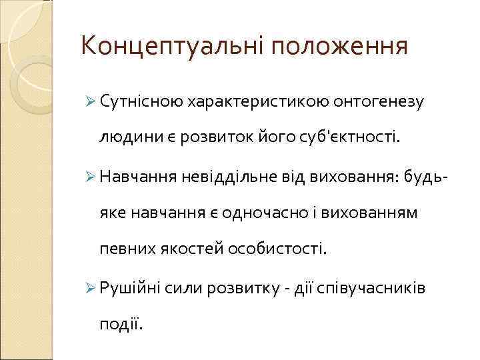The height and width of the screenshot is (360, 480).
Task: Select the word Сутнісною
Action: (x=141, y=101)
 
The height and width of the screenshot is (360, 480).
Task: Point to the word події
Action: (x=120, y=324)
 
